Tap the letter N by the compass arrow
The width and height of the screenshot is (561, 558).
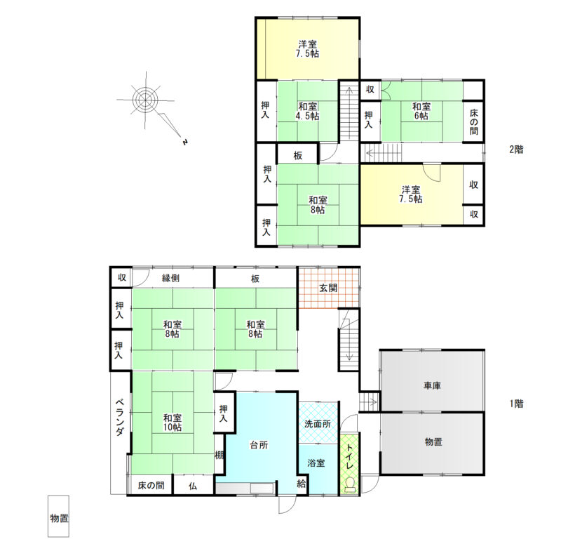click(x=185, y=142)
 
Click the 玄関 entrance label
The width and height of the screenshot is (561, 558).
click(x=328, y=288)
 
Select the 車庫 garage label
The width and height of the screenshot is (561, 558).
click(x=432, y=386)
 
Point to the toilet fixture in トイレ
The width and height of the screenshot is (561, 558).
click(x=349, y=484)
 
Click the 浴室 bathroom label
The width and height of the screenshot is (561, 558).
click(x=316, y=463)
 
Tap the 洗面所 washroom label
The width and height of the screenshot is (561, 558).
click(x=318, y=424)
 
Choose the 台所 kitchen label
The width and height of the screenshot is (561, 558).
click(x=259, y=445)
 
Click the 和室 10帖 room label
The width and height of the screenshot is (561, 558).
click(x=173, y=423)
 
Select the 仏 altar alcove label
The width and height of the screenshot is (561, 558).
click(x=193, y=486)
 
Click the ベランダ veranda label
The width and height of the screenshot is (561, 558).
click(x=119, y=417)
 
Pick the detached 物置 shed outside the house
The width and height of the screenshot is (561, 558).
click(x=58, y=516)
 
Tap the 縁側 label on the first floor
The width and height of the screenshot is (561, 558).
click(x=170, y=278)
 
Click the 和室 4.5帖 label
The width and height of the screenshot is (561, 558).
click(x=308, y=111)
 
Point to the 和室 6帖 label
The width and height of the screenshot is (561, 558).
click(x=421, y=111)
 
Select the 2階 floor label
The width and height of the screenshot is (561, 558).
click(x=516, y=150)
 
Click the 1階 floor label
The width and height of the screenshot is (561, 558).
click(x=516, y=404)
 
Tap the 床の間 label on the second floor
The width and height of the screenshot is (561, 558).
click(x=474, y=122)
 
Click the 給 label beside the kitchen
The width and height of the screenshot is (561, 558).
click(x=302, y=484)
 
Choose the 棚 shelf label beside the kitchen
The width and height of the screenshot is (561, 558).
click(x=219, y=456)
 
